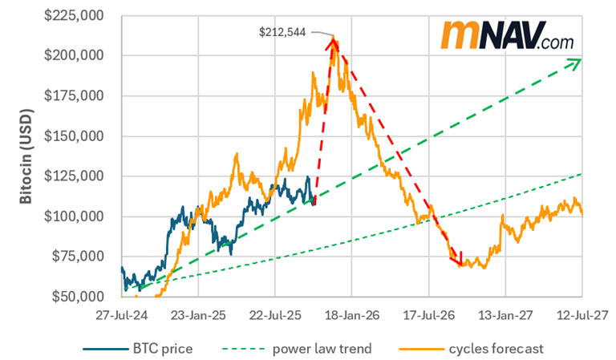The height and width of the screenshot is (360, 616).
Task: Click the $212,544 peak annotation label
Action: tap(283, 34)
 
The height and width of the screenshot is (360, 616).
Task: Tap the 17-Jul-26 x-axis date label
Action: tap(429, 313)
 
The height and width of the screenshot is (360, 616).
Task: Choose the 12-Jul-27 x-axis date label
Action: tap(583, 313)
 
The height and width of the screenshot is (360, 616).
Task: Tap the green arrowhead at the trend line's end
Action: tap(574, 62)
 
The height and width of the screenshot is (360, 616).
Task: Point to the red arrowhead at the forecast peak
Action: tap(330, 42)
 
